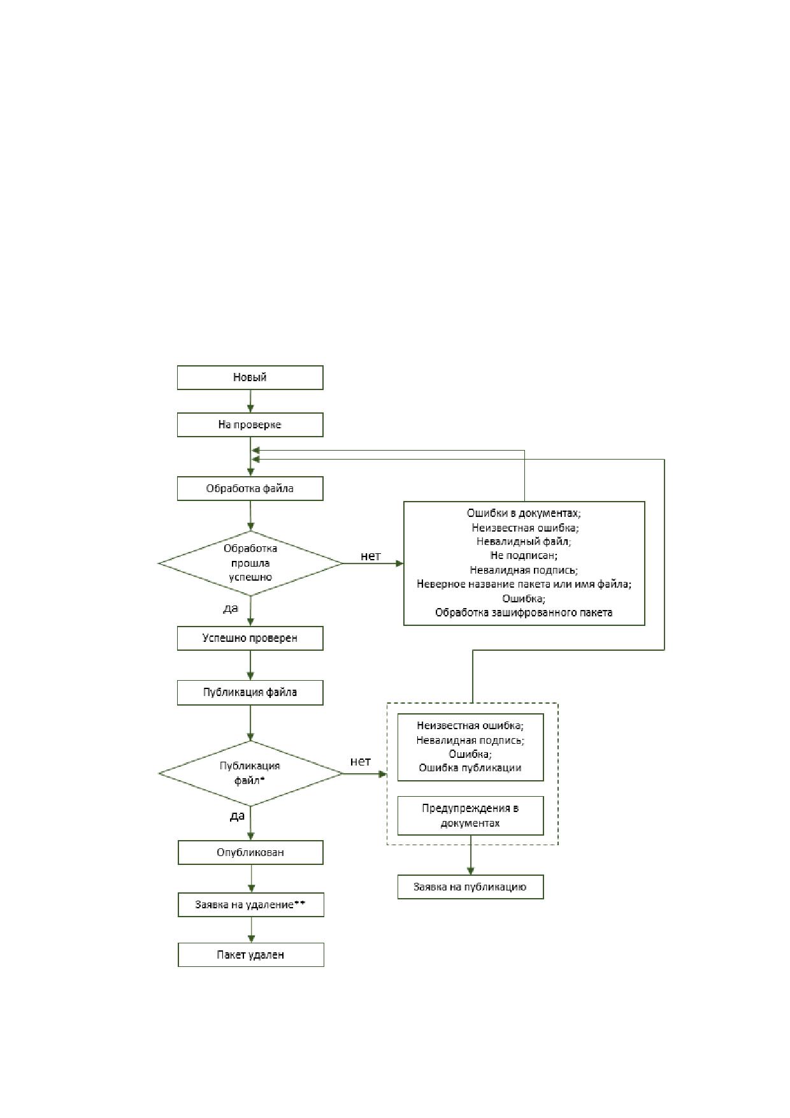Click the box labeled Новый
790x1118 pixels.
click(x=250, y=377)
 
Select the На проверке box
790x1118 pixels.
click(x=250, y=425)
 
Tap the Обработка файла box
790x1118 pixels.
click(x=250, y=489)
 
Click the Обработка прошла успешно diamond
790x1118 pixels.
click(x=250, y=563)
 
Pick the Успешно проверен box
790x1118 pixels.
click(x=250, y=638)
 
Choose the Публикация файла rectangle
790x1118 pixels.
click(x=250, y=692)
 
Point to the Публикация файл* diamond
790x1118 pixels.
click(x=250, y=773)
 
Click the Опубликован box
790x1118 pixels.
click(x=250, y=852)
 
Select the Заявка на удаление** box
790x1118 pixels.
click(x=250, y=904)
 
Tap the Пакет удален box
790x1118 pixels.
click(x=250, y=955)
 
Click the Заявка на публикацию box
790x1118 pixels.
click(x=470, y=887)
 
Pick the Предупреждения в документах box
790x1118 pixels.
click(x=470, y=815)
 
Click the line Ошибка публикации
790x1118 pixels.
click(x=470, y=767)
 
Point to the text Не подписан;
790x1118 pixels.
click(x=524, y=556)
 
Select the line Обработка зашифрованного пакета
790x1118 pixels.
click(x=524, y=613)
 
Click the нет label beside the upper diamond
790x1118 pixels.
click(x=371, y=556)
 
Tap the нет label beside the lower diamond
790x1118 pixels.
click(x=361, y=761)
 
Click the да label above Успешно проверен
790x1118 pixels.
click(x=231, y=609)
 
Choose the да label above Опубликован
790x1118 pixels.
click(x=237, y=816)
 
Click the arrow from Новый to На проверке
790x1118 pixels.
click(x=250, y=401)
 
